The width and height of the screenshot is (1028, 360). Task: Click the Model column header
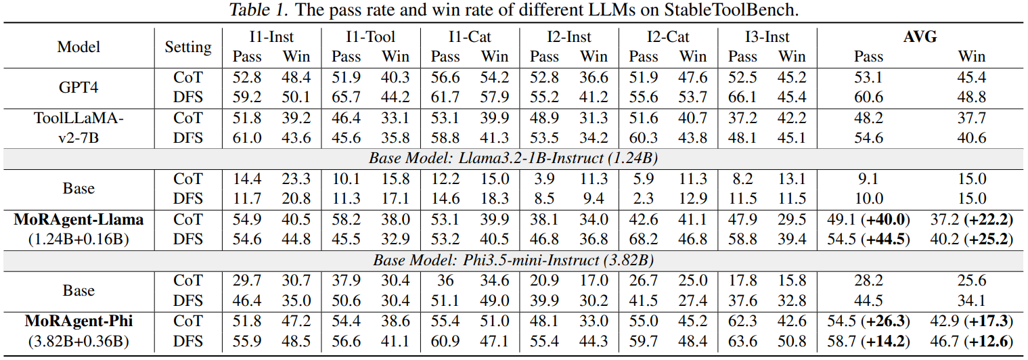point(79,47)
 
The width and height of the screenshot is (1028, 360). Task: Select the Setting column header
point(188,47)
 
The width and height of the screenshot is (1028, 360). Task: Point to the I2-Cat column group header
point(668,37)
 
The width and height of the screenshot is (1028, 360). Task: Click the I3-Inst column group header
point(767,37)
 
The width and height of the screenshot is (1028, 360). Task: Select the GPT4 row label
point(79,87)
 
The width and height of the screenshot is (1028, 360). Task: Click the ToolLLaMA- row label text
point(79,118)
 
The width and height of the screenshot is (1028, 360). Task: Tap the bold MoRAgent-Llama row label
point(79,219)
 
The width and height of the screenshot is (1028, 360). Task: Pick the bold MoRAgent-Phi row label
point(79,320)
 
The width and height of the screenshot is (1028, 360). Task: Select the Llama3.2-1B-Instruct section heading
point(514,159)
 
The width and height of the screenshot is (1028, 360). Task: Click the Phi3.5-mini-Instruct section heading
point(514,260)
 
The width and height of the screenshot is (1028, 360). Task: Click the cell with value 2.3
point(644,198)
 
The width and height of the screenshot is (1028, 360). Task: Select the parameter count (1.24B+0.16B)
point(79,240)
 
